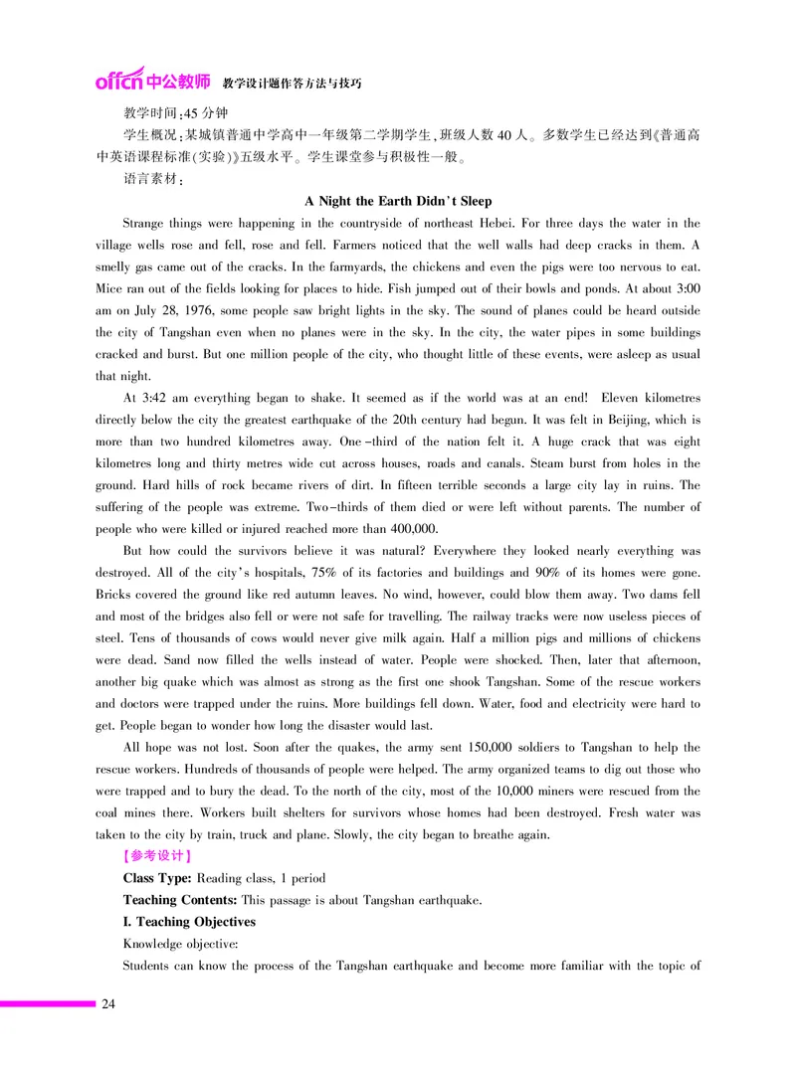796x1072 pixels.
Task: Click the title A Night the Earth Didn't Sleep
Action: click(x=398, y=201)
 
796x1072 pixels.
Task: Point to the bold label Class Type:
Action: click(x=158, y=878)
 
